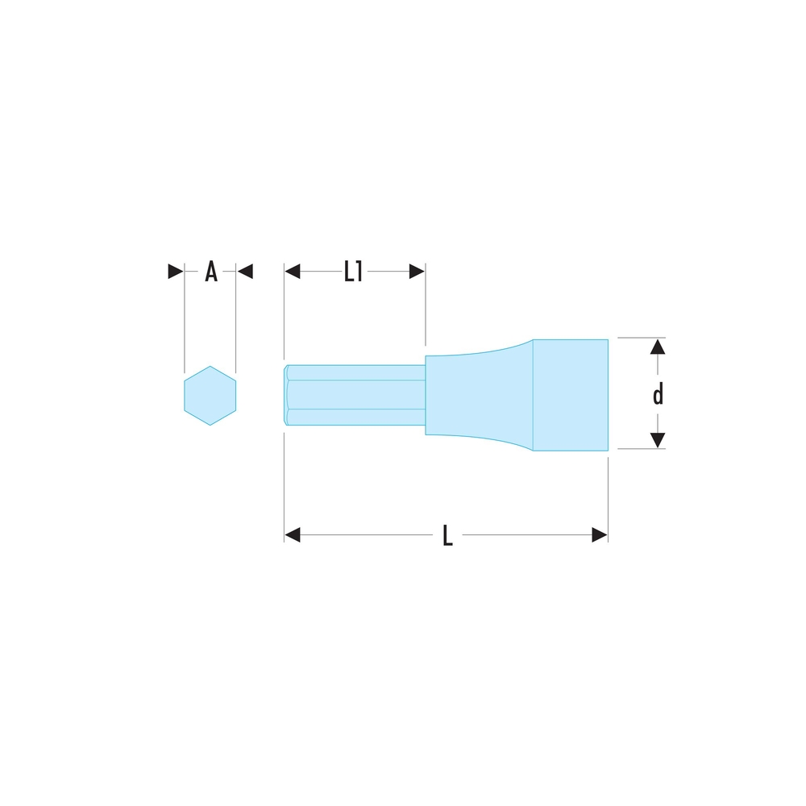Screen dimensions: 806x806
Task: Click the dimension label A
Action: [210, 272]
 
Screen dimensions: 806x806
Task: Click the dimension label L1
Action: [353, 272]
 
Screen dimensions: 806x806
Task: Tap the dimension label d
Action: [658, 394]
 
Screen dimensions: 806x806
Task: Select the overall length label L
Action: [447, 535]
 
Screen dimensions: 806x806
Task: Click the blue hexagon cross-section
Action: [210, 395]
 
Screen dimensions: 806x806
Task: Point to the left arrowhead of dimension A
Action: [176, 272]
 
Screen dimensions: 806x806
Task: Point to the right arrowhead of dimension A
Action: [245, 272]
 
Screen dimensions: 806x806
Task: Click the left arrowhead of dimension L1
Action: [293, 272]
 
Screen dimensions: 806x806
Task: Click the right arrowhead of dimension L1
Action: [417, 272]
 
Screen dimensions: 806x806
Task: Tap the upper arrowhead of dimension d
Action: [658, 347]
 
